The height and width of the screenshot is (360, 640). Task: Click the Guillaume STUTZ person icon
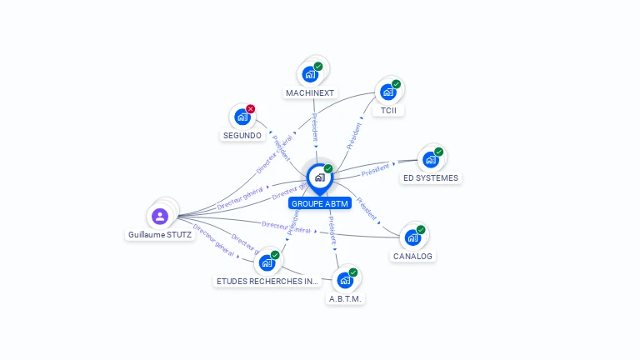tap(160, 216)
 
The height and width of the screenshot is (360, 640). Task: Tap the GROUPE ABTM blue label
tap(320, 203)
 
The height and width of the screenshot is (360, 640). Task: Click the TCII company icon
tap(388, 92)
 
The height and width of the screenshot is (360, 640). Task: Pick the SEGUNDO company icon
tap(242, 117)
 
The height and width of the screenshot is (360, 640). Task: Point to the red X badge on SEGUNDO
tap(250, 109)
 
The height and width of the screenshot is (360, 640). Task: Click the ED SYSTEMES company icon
tap(430, 159)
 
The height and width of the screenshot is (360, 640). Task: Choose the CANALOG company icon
tap(412, 237)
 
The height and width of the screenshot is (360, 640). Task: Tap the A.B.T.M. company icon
tap(345, 280)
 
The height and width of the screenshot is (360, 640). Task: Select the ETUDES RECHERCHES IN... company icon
tap(267, 262)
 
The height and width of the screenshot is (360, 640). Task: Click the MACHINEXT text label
tap(309, 92)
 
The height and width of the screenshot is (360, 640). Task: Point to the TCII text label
tap(388, 111)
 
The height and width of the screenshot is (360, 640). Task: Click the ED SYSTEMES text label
tap(430, 178)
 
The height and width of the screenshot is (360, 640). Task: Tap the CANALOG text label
tap(413, 257)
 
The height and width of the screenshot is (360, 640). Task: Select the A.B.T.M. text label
tap(346, 298)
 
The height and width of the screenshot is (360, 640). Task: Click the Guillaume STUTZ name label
tap(160, 235)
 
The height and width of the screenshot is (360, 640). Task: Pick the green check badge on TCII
tap(397, 83)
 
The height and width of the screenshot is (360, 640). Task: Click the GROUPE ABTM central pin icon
tap(319, 177)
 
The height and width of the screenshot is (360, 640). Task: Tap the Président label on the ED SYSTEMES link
tap(375, 169)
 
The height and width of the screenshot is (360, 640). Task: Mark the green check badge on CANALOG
tap(421, 230)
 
